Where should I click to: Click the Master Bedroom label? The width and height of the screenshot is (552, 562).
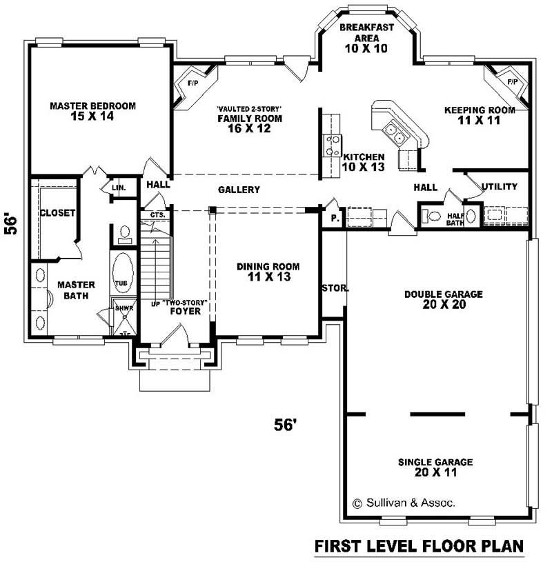click(x=92, y=111)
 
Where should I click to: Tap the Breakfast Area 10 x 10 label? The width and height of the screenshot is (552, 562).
click(x=366, y=38)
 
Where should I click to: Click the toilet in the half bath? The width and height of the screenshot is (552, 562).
click(x=435, y=216)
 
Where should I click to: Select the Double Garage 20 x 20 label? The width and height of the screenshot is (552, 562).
click(x=443, y=299)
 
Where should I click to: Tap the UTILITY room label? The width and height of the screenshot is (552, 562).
click(x=499, y=187)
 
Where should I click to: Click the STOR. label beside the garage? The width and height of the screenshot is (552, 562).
click(x=335, y=288)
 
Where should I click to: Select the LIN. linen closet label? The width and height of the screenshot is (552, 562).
click(x=118, y=188)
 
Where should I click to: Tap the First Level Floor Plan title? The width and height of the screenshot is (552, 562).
click(x=419, y=546)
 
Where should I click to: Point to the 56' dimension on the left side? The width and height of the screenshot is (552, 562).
click(x=12, y=223)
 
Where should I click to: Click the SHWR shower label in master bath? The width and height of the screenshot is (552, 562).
click(x=124, y=308)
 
